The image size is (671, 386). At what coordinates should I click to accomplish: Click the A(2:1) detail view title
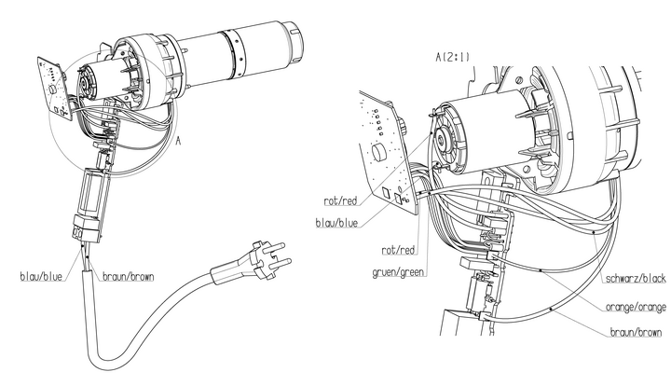click(452, 57)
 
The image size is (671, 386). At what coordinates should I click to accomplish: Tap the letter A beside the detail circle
click(178, 140)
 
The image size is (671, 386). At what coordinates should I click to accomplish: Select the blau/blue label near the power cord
click(42, 277)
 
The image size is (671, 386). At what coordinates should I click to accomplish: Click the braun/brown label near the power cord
click(128, 277)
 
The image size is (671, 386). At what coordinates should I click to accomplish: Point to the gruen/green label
click(398, 272)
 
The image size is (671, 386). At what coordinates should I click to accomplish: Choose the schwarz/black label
click(636, 279)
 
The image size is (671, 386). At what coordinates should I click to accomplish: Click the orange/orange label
click(636, 307)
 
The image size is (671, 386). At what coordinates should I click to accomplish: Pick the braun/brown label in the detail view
click(636, 332)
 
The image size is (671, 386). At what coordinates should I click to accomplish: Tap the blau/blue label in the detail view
click(336, 223)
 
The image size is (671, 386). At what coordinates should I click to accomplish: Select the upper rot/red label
click(340, 200)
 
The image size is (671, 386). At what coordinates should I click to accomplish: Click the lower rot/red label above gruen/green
click(399, 250)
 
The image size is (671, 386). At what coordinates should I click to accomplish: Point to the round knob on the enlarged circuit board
click(377, 152)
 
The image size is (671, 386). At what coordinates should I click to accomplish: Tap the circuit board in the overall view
click(55, 89)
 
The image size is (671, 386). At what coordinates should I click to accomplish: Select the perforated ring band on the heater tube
click(235, 55)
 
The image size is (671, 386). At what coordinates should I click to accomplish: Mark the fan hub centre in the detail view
click(441, 140)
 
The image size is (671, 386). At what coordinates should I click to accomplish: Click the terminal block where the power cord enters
click(88, 227)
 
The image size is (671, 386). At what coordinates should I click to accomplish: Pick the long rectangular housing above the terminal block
click(94, 191)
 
